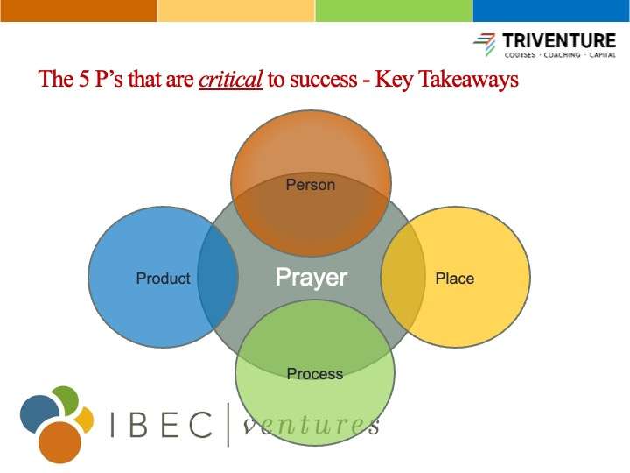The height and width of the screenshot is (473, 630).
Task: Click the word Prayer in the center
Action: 311,278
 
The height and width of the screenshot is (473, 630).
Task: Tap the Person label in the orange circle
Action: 310,185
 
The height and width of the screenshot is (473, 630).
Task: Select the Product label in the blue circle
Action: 163,279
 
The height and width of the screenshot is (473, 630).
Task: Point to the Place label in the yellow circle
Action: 455,279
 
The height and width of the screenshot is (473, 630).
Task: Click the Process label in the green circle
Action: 315,374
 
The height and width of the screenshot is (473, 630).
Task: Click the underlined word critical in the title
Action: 231,79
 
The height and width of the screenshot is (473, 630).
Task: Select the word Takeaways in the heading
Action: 468,79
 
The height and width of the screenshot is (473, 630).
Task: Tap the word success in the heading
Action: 323,80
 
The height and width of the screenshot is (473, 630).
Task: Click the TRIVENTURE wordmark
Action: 559,41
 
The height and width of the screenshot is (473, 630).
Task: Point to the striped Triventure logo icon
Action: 485,44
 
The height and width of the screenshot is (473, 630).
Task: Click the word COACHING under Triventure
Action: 562,55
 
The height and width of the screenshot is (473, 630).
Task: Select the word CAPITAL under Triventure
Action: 602,55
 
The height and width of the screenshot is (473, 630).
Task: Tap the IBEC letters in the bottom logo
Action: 162,424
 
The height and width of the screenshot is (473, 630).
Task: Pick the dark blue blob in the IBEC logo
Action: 38,413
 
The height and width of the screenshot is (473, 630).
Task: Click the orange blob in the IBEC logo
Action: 59,442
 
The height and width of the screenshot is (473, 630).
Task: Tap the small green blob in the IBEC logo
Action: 66,399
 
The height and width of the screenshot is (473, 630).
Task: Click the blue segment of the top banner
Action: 551,11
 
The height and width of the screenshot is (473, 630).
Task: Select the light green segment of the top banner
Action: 394,11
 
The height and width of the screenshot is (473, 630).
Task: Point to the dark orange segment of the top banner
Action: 79,11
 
